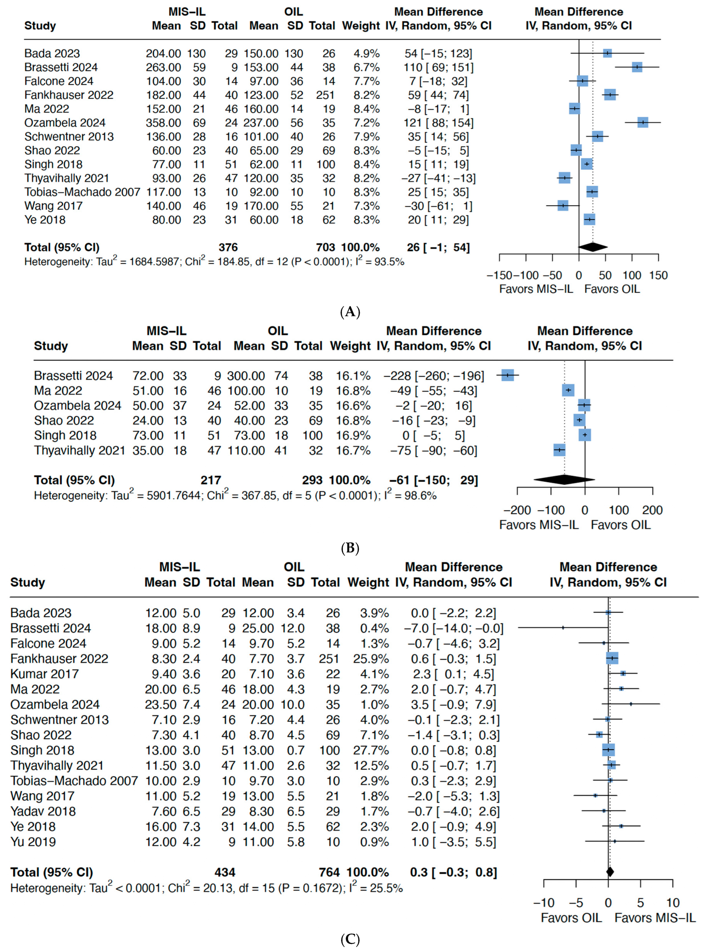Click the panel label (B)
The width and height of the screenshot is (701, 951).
tap(350, 548)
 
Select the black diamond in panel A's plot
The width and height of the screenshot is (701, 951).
tap(593, 247)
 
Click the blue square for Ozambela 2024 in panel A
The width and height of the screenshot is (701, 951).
tap(643, 123)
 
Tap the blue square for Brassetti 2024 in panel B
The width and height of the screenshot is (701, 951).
tap(507, 375)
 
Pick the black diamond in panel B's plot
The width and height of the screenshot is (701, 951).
tap(564, 480)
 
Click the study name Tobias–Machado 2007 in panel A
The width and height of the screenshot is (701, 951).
tap(82, 192)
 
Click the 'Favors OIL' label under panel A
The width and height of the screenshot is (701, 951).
tap(612, 289)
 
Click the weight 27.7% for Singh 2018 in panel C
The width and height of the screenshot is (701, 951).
tap(371, 750)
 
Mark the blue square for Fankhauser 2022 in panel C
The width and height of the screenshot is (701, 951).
tap(612, 658)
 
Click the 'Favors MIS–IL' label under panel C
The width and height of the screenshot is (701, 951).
tap(655, 918)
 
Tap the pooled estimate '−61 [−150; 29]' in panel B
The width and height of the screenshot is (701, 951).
tap(434, 480)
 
